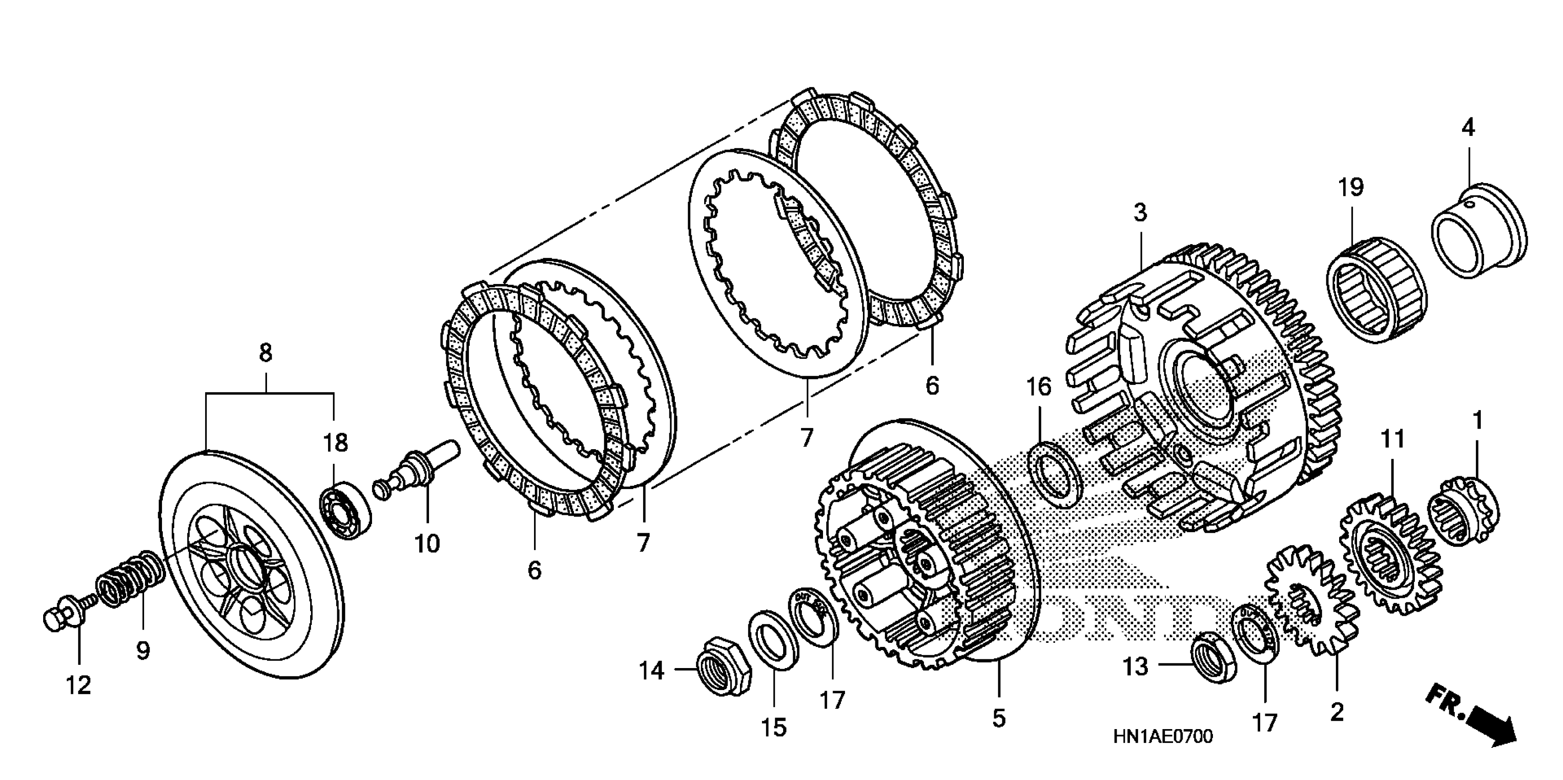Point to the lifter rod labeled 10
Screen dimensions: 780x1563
[x=419, y=472]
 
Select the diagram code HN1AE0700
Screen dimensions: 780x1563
[x=1163, y=737]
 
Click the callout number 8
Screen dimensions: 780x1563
[x=265, y=353]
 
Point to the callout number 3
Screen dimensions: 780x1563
[x=1140, y=213]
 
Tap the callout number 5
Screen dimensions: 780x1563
[x=999, y=718]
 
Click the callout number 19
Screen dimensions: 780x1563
[x=1351, y=187]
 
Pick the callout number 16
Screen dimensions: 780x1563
[x=1038, y=386]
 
